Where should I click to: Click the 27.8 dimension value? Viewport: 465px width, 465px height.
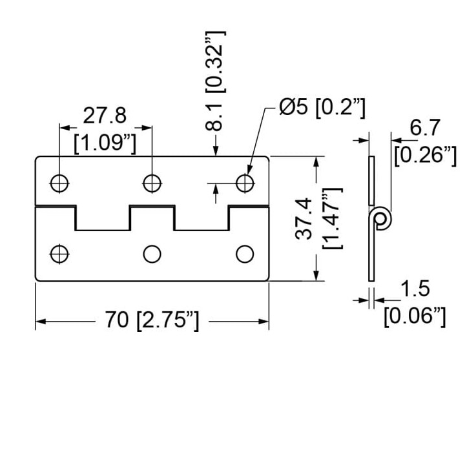[x=105, y=116]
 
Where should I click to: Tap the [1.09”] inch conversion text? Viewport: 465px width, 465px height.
[x=105, y=143]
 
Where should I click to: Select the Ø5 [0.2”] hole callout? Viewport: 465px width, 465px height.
[x=322, y=107]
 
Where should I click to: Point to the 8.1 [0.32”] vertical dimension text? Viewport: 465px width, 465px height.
[x=216, y=81]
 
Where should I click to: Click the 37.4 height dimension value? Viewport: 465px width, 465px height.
[x=304, y=218]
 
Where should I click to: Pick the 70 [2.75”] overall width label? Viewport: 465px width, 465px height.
[x=152, y=320]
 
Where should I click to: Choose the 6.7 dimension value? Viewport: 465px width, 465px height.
[x=425, y=128]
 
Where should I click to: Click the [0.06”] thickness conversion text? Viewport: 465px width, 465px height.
[x=415, y=316]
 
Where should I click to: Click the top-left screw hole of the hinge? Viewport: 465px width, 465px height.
[x=59, y=183]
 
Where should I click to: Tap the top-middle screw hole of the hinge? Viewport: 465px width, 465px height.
[x=152, y=183]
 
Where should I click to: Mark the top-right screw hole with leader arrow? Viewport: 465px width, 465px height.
[x=245, y=183]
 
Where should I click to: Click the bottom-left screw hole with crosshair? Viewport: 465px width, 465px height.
[x=59, y=254]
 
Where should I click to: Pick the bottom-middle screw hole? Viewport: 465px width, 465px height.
[x=152, y=254]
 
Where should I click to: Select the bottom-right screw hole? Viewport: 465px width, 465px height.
[x=245, y=254]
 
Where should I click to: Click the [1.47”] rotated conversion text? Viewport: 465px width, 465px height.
[x=333, y=218]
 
